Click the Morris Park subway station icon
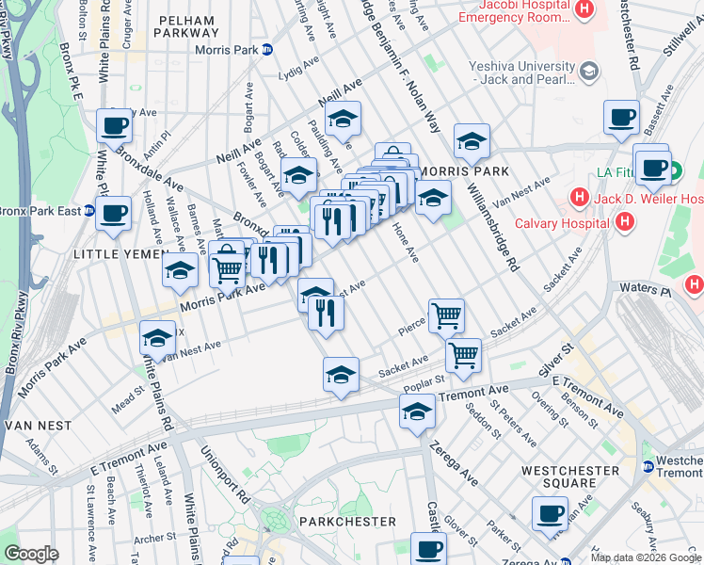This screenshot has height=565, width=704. point(267,50)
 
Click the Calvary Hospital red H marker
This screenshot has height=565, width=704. point(624,222)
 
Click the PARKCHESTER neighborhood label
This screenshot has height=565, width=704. point(340,521)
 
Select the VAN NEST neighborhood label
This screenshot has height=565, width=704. point(37,426)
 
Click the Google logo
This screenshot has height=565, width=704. point(31,554)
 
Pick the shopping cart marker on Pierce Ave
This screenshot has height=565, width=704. point(446,315)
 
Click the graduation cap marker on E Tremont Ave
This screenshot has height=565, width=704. point(417,410)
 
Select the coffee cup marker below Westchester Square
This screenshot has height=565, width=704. point(550,513)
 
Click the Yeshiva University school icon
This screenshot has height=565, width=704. point(589,71)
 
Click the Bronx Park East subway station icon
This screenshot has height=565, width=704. point(89,210)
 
